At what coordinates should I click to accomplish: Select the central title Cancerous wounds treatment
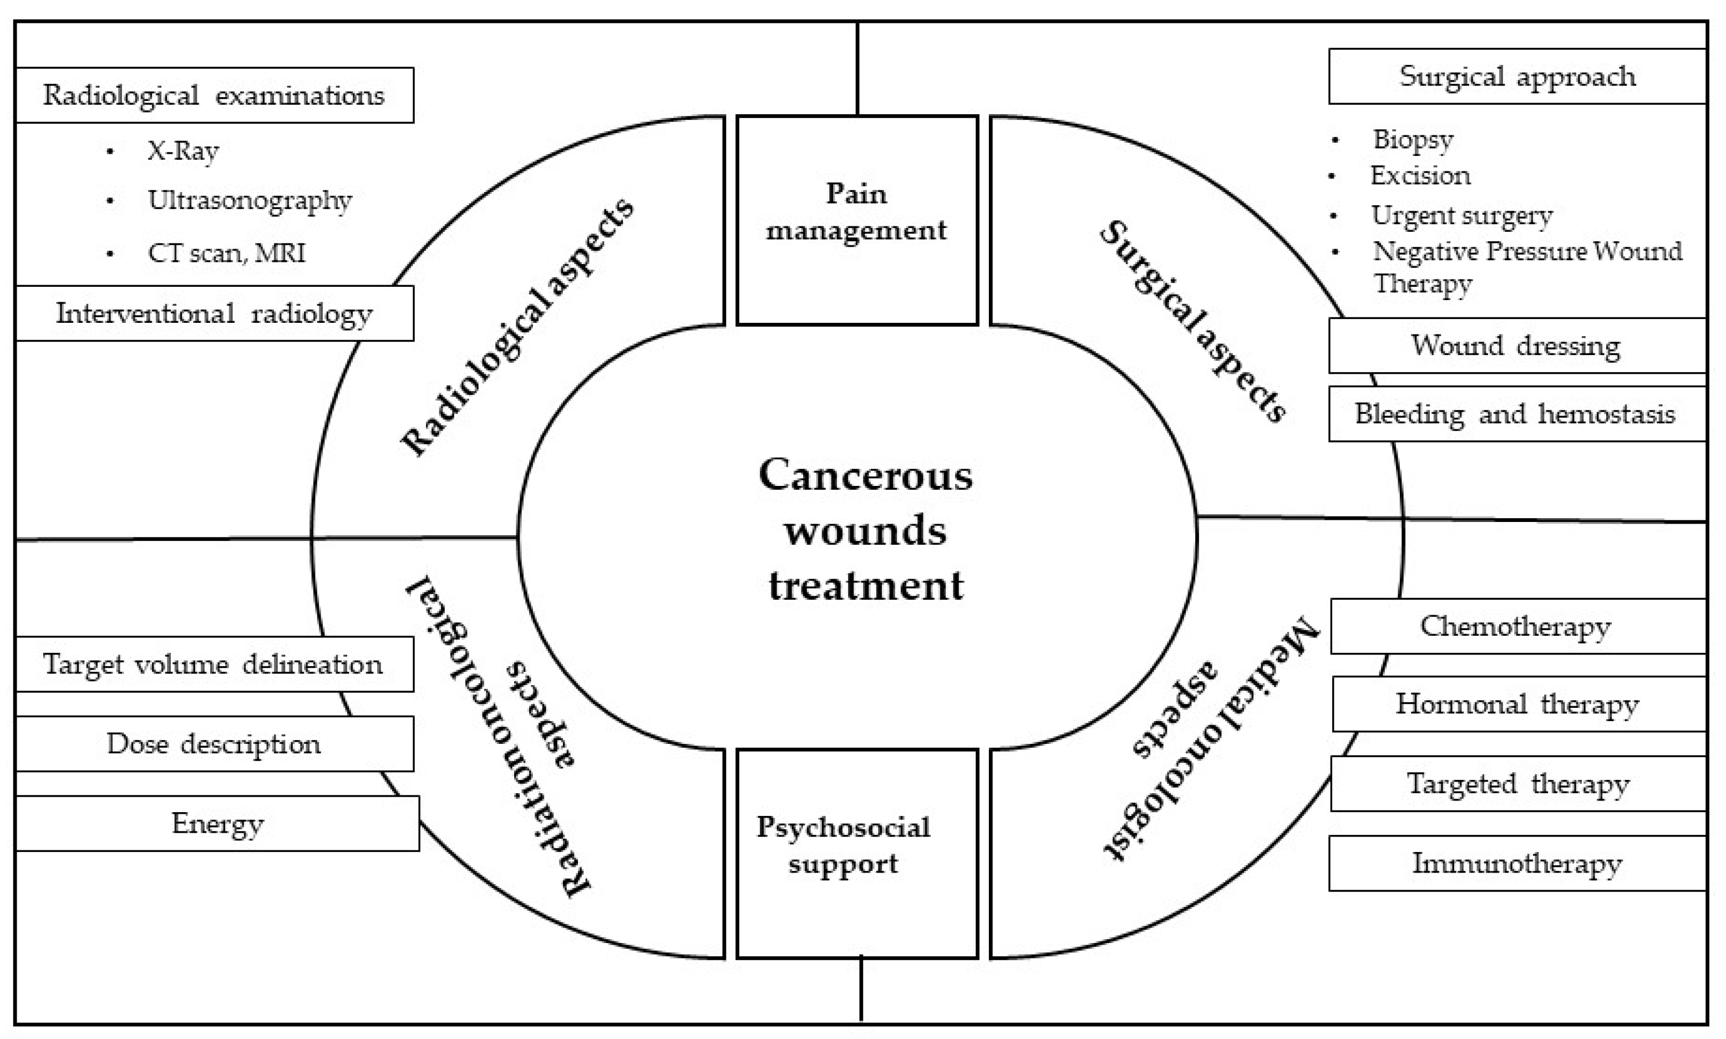coord(865,530)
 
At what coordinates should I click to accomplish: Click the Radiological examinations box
coord(214,95)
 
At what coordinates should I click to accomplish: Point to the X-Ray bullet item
coord(182,150)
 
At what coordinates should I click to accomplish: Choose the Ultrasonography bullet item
coord(249,201)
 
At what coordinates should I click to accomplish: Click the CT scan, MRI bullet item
coord(226,253)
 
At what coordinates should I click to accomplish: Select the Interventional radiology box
coord(214,313)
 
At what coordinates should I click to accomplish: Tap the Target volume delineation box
coord(214,663)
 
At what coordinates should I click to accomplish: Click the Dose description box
coord(214,743)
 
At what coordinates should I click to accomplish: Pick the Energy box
coord(217,823)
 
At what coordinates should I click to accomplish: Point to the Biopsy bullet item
coord(1413,139)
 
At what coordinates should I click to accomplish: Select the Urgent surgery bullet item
coord(1461,215)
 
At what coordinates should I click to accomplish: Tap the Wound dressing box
coord(1517,345)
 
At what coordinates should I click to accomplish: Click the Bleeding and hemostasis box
coord(1517,414)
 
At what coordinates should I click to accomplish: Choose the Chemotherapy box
coord(1517,626)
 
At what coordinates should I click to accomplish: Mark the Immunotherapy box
coord(1517,863)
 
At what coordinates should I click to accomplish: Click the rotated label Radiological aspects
coord(517,326)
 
